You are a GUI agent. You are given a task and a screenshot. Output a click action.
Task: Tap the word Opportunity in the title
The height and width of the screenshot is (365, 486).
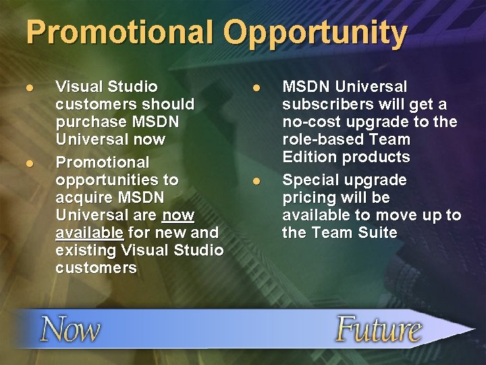pyautogui.click(x=317, y=33)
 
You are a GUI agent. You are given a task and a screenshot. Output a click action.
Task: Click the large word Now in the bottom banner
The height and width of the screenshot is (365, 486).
pyautogui.click(x=70, y=331)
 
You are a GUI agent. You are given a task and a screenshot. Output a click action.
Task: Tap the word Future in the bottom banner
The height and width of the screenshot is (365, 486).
pyautogui.click(x=378, y=329)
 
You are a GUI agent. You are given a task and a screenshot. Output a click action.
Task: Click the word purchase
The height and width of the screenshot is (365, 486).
pyautogui.click(x=90, y=122)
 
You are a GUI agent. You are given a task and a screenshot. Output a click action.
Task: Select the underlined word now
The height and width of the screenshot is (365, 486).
pyautogui.click(x=178, y=215)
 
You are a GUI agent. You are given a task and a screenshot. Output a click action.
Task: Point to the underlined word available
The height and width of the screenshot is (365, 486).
pyautogui.click(x=90, y=233)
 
